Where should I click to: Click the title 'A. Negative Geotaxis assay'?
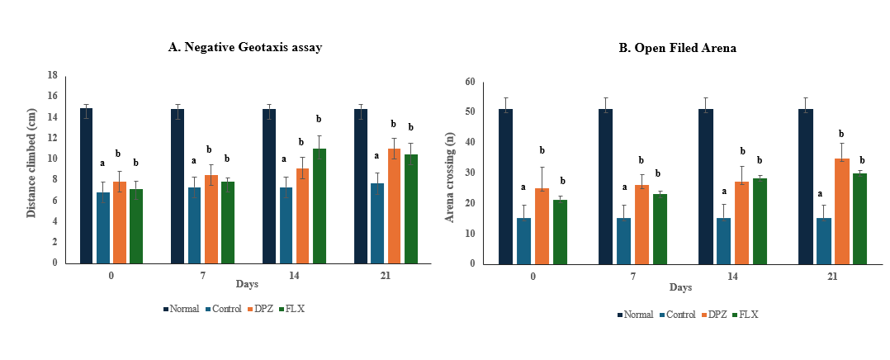point(244,47)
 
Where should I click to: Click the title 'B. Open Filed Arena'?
point(678,48)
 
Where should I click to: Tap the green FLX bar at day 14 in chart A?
point(320,206)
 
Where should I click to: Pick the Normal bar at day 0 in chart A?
point(86,186)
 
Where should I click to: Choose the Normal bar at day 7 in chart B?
point(605,187)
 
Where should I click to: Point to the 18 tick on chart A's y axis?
point(51,75)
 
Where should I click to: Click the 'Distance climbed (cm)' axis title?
point(31,168)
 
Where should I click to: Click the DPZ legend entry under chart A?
point(261,309)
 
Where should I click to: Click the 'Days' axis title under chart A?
point(246,285)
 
